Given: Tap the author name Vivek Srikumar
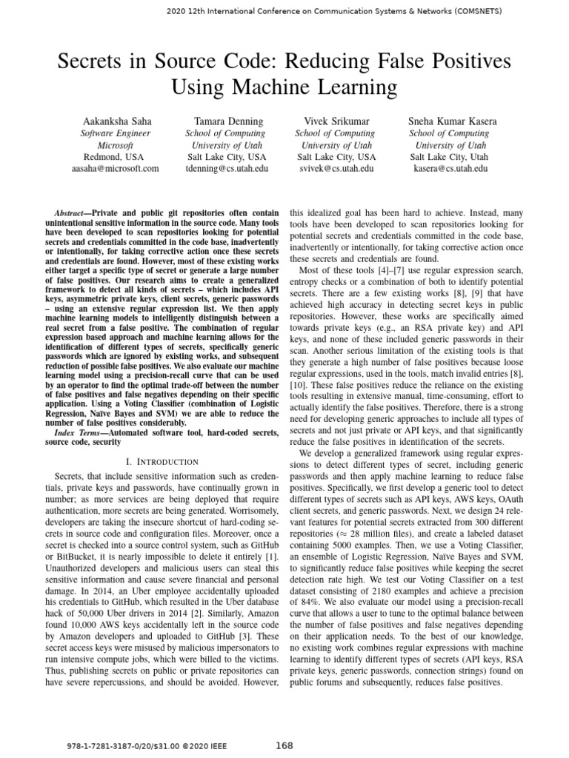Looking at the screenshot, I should pyautogui.click(x=336, y=121).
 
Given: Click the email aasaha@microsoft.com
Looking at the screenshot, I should pyautogui.click(x=115, y=169).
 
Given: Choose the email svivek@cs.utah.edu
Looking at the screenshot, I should pyautogui.click(x=336, y=169).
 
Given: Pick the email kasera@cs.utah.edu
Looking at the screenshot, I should pyautogui.click(x=450, y=169).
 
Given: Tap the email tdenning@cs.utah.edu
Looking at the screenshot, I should pyautogui.click(x=227, y=169).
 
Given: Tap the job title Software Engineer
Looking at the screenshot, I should pyautogui.click(x=115, y=133).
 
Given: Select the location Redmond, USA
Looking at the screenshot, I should pyautogui.click(x=115, y=157).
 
